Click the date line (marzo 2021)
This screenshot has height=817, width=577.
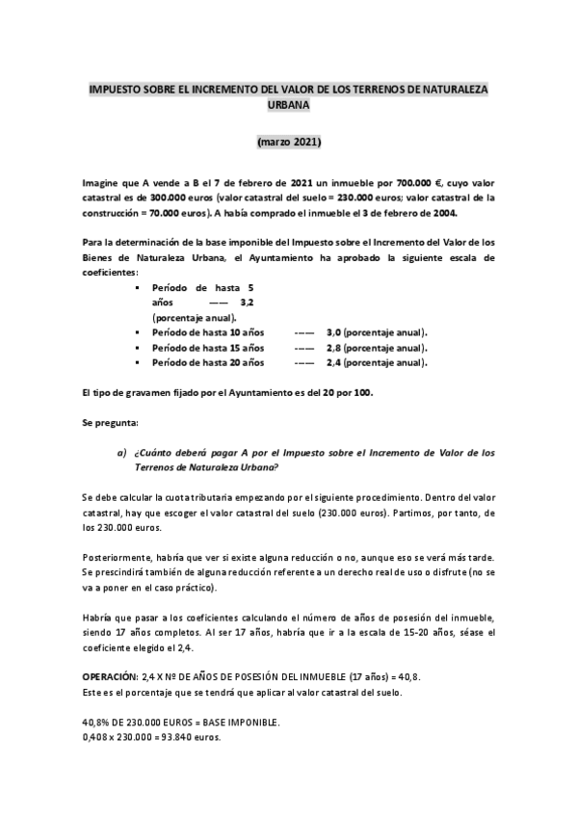[289, 142]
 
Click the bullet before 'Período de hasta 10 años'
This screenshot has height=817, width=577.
[140, 331]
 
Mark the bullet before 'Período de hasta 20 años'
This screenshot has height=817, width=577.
[140, 362]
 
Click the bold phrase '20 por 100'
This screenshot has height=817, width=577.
[344, 393]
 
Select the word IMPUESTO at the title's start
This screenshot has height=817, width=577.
[115, 90]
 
